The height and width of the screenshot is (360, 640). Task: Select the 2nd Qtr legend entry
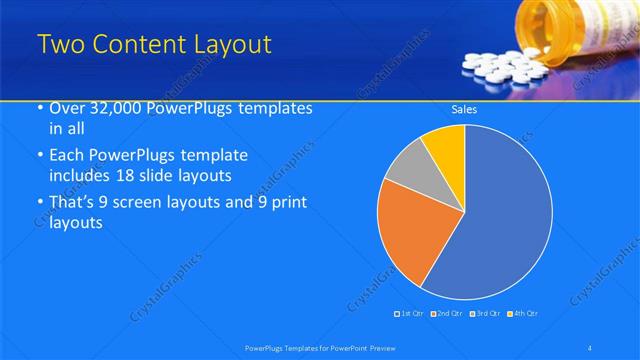[447, 314]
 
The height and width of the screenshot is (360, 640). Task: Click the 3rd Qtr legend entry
[485, 314]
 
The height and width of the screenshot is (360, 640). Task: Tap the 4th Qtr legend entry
[522, 314]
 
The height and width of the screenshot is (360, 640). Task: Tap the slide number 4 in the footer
[590, 347]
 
